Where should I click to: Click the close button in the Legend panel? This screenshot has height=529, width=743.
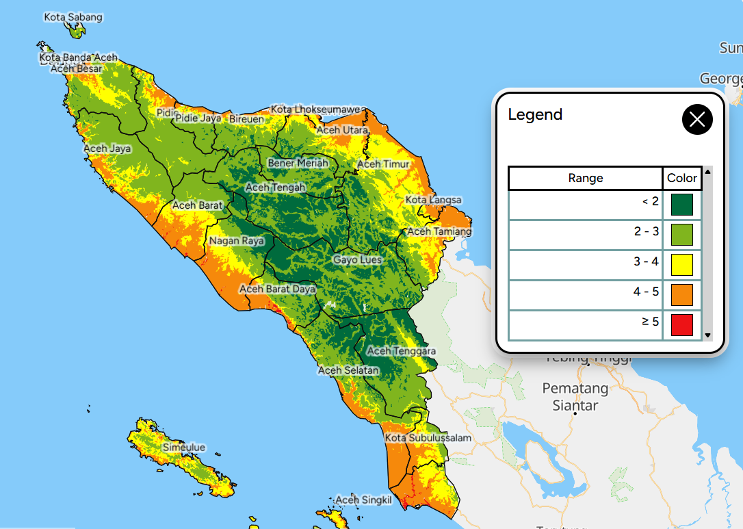pyautogui.click(x=697, y=120)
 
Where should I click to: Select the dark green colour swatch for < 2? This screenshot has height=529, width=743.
pyautogui.click(x=681, y=205)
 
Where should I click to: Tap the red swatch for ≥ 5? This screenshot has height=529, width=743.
pyautogui.click(x=681, y=325)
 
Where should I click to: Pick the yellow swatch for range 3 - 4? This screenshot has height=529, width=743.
pyautogui.click(x=681, y=265)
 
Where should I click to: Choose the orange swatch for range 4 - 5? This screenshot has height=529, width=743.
pyautogui.click(x=681, y=295)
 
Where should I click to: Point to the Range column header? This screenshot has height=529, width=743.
pyautogui.click(x=586, y=178)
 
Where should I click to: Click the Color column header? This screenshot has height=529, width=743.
pyautogui.click(x=682, y=178)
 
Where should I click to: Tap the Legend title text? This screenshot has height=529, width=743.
pyautogui.click(x=535, y=114)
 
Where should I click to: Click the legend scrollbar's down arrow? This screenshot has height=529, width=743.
pyautogui.click(x=707, y=335)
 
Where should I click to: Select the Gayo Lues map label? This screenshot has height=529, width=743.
pyautogui.click(x=357, y=260)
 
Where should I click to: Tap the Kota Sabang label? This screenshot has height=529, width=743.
pyautogui.click(x=73, y=16)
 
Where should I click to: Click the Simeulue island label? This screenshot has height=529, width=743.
pyautogui.click(x=183, y=448)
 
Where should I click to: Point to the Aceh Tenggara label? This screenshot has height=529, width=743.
pyautogui.click(x=402, y=351)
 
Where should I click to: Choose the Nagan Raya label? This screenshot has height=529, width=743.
pyautogui.click(x=237, y=241)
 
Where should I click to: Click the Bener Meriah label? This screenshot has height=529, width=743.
pyautogui.click(x=298, y=163)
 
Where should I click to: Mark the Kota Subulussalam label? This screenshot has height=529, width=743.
pyautogui.click(x=428, y=438)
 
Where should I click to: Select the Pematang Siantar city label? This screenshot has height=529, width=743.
pyautogui.click(x=575, y=397)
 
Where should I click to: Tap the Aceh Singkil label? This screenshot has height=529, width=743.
pyautogui.click(x=363, y=500)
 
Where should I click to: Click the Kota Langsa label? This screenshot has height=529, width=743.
pyautogui.click(x=434, y=200)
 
